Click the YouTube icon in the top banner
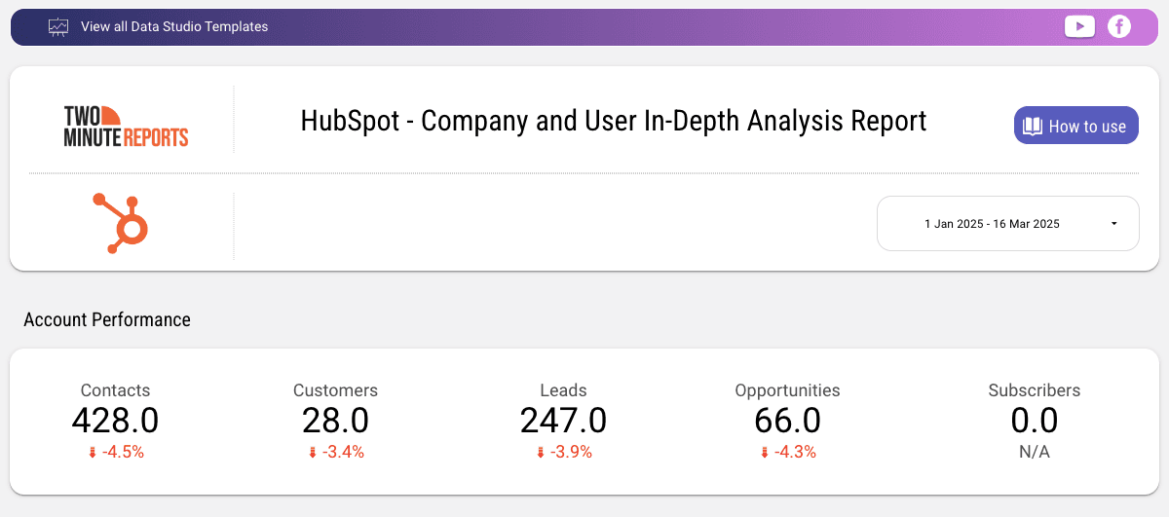[1079, 26]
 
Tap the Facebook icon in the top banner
[1119, 26]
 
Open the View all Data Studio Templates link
[173, 27]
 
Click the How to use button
[1075, 126]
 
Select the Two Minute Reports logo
[126, 126]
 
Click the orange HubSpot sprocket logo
[121, 223]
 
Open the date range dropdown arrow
[1113, 224]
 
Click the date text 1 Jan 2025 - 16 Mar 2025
[992, 224]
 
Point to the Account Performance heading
[107, 319]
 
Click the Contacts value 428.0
[115, 421]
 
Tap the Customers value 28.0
[335, 421]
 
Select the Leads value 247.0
[563, 421]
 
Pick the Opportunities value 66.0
[787, 421]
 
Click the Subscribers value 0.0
[1034, 421]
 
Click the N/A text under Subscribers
[1034, 452]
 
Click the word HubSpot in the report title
[351, 121]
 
